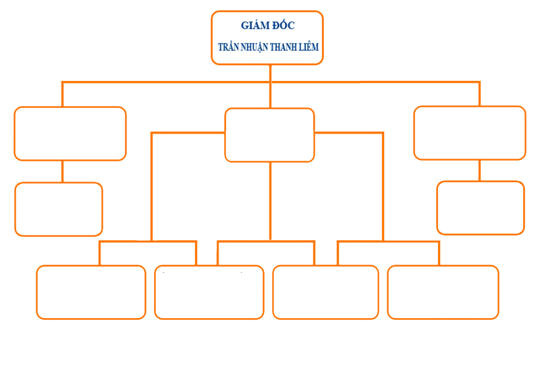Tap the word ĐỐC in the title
click(x=283, y=26)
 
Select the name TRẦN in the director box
click(x=229, y=48)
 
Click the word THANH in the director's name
click(x=286, y=48)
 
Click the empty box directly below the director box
click(x=269, y=135)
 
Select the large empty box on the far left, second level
click(x=70, y=134)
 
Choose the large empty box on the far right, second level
click(x=469, y=133)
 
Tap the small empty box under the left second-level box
click(x=59, y=209)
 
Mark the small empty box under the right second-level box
click(x=481, y=208)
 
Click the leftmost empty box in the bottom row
click(x=91, y=292)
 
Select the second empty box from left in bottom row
click(x=209, y=292)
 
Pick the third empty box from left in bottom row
click(x=325, y=292)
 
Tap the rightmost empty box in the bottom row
click(x=443, y=292)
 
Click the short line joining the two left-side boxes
click(x=62, y=171)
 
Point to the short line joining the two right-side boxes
click(x=480, y=171)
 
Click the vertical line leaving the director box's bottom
click(x=270, y=74)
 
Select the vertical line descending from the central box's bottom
click(x=270, y=201)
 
